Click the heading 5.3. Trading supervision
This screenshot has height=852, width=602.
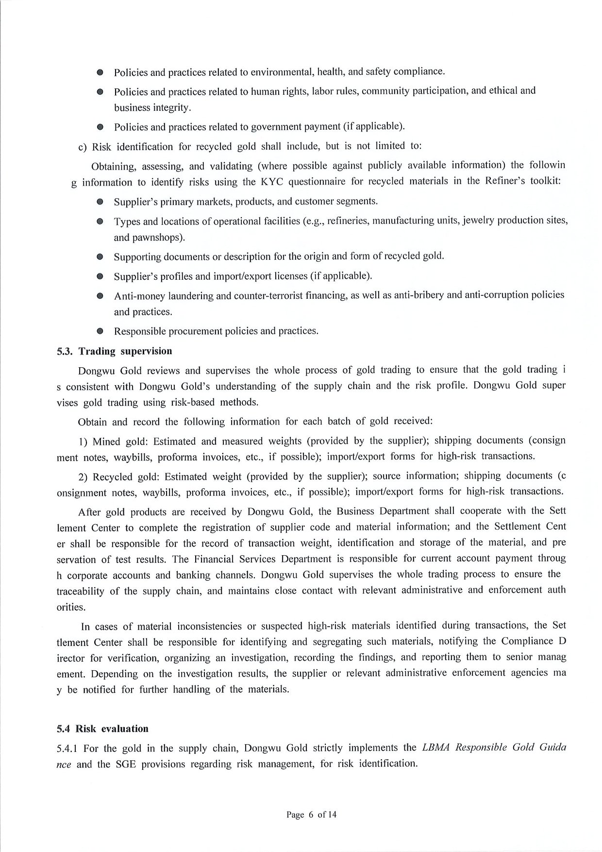pos(115,351)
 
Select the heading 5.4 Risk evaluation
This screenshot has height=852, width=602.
pos(102,728)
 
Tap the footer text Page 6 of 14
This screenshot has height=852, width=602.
pos(311,815)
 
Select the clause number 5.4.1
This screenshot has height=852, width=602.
pos(67,748)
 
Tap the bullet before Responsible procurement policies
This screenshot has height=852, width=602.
pos(100,332)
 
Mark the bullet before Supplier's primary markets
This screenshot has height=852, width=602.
pos(100,202)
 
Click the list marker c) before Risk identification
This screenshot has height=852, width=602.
pos(83,147)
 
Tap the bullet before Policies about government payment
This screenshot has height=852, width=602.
pos(100,127)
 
